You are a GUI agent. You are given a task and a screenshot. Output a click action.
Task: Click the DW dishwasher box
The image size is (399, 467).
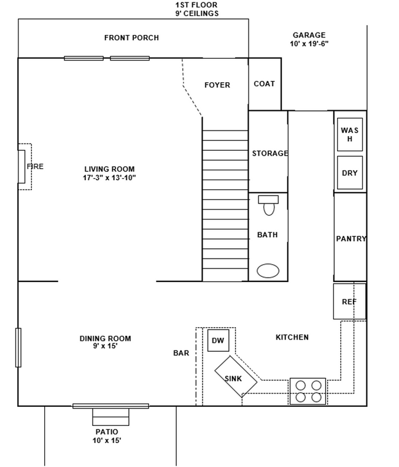tap(218, 340)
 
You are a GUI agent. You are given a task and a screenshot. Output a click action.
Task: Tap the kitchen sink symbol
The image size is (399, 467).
tap(236, 378)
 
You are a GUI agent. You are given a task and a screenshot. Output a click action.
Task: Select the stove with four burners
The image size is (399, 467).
tap(308, 391)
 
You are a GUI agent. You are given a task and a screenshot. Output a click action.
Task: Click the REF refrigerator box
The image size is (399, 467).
tap(349, 302)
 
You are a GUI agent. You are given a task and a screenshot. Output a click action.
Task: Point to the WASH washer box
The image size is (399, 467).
tap(349, 135)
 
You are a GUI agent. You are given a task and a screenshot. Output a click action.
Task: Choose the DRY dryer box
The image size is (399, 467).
tap(349, 173)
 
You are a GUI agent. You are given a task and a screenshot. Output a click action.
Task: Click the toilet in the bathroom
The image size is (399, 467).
tap(268, 206)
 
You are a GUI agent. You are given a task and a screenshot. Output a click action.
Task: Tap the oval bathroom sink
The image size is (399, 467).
tap(268, 270)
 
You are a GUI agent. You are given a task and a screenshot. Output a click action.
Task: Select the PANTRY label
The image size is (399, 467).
tap(351, 239)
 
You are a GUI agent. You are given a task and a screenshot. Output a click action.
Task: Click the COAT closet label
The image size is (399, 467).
tap(264, 84)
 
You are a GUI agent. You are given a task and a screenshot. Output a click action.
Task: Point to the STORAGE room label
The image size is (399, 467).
tap(269, 153)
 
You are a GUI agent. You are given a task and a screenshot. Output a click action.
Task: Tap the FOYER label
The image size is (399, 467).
tap(217, 85)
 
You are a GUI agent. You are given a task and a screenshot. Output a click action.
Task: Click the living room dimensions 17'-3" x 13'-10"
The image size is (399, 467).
tap(109, 178)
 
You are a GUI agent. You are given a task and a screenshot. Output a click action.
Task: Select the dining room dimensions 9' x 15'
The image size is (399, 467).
tap(105, 346)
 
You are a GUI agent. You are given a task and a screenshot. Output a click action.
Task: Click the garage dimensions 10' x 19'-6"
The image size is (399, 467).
tap(309, 44)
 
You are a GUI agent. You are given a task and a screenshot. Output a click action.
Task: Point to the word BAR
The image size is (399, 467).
tap(181, 353)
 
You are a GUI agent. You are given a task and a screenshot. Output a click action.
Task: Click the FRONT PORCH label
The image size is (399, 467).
tap(131, 38)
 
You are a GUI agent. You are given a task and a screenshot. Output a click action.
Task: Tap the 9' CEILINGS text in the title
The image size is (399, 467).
tap(196, 13)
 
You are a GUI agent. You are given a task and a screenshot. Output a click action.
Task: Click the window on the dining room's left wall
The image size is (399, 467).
tap(18, 347)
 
